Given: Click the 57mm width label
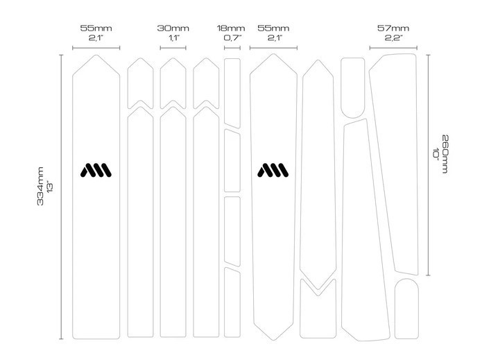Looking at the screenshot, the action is coord(393,28).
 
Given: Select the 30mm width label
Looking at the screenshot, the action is coord(173,28).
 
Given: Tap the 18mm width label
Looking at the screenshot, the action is coord(231,28).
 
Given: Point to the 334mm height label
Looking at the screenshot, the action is coord(40,186).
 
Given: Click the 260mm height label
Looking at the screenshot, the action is coord(445,154).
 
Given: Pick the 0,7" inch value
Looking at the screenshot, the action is coord(233,38).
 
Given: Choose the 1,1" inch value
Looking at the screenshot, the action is coord(173,38).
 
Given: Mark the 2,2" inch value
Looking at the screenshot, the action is coord(393,38).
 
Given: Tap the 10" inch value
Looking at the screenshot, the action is coord(436,153).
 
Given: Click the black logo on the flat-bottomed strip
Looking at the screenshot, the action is coord(96,170).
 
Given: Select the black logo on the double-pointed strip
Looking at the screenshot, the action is coord(273,170).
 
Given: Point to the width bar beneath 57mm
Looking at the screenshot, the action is coord(393,48).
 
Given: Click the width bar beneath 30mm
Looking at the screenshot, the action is coord(173,48).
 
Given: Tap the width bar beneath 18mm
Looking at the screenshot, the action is coord(232,48).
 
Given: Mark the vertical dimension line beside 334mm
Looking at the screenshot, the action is coord(61,197).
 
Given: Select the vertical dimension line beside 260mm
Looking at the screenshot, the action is coord(428,165).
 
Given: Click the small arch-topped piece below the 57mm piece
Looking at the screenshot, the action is coord(406,309).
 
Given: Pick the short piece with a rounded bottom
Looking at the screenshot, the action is coord(352,87).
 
